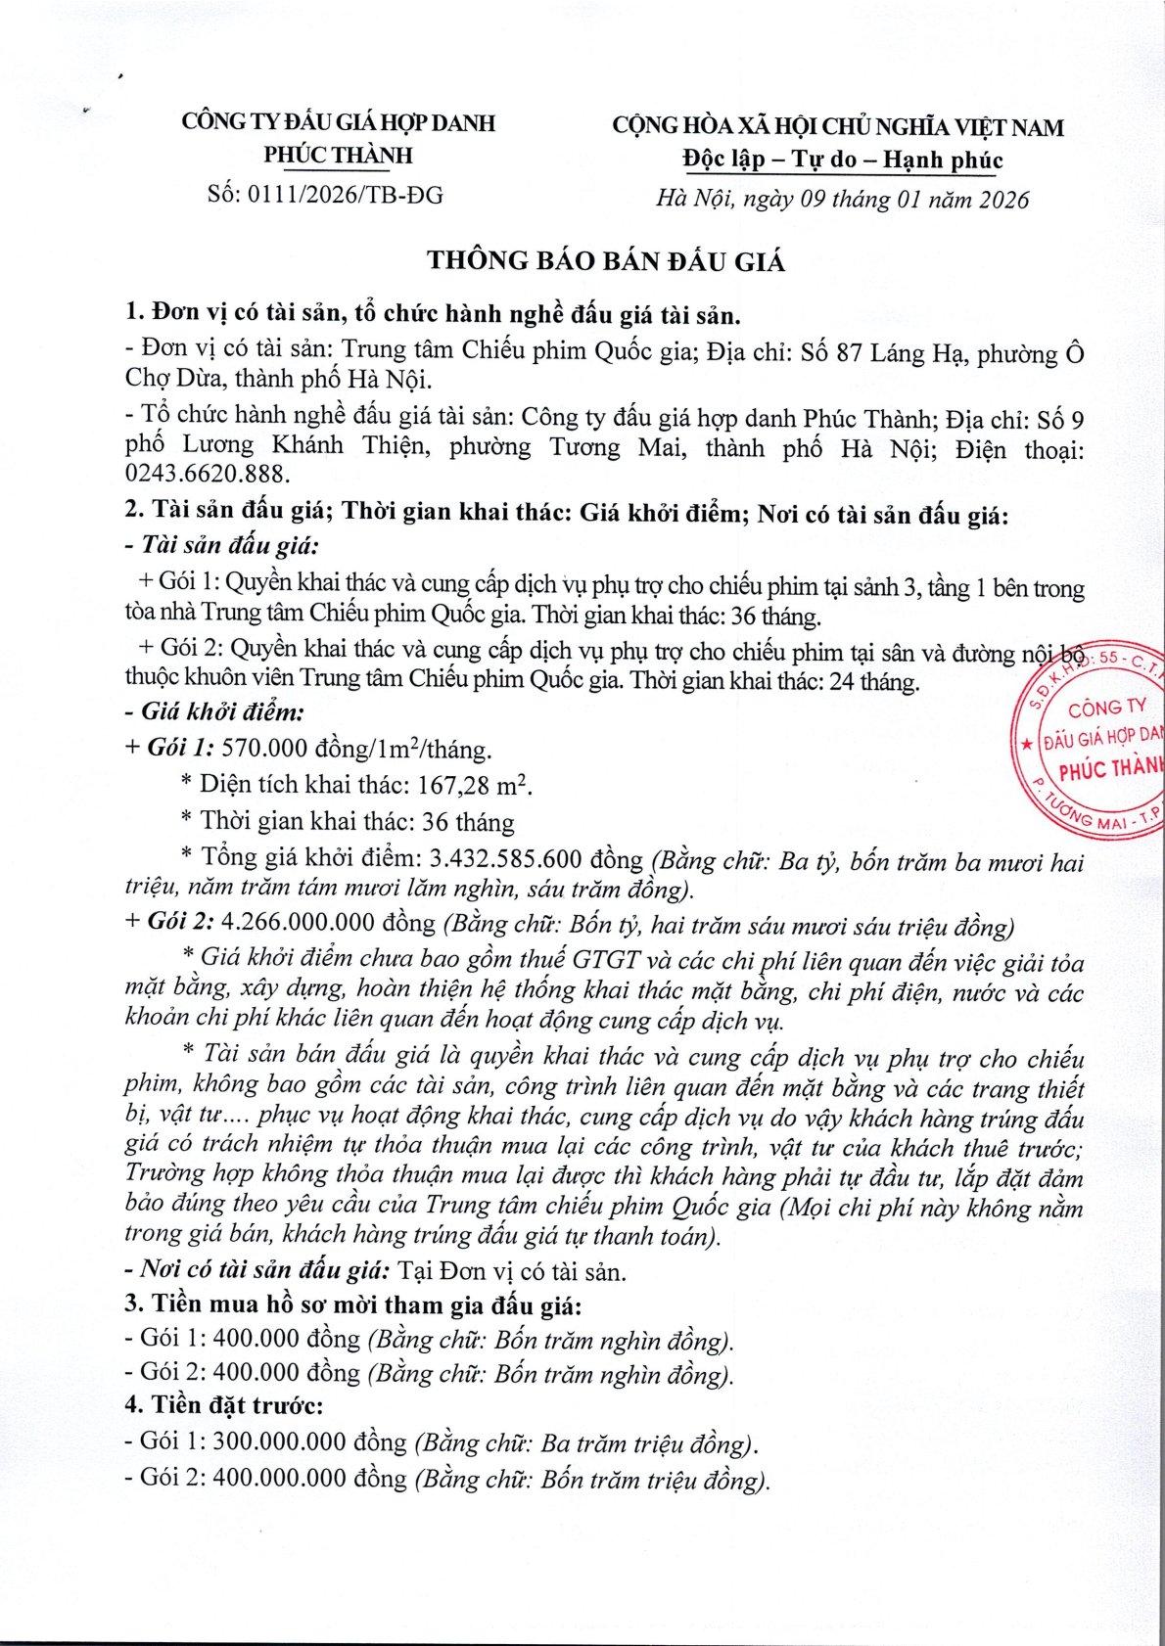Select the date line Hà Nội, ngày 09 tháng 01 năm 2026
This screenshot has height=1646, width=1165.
click(843, 200)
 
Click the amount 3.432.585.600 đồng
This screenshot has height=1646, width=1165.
click(536, 858)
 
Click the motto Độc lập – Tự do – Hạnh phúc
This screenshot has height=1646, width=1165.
click(841, 160)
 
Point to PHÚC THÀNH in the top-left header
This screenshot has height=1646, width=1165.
click(339, 155)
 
